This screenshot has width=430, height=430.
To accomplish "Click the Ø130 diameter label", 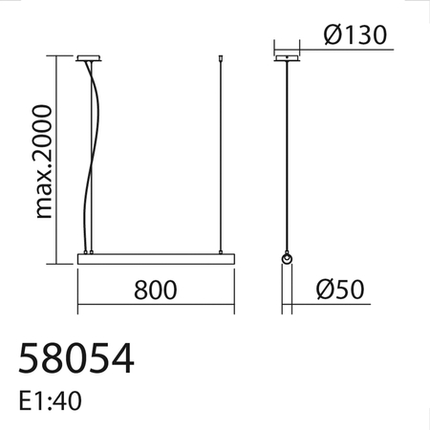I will coord(355,35).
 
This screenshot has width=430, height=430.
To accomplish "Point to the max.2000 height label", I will coord(40,159).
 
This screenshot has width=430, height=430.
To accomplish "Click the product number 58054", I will coord(76,359).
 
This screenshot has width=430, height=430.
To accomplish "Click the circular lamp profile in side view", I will coord(286,260).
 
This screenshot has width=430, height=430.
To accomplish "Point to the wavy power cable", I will coord(93,153).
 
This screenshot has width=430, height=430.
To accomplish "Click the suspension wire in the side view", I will coord(286,158).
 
